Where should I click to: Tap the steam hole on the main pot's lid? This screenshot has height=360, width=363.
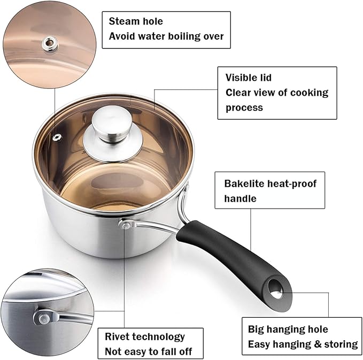tap(57, 139)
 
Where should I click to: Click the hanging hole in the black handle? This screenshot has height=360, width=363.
tap(275, 287)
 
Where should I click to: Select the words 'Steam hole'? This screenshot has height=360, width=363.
tap(136, 21)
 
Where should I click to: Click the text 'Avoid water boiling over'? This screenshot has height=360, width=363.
tap(166, 36)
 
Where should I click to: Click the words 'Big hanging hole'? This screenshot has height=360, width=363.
tap(288, 329)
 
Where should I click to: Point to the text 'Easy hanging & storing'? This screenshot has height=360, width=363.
tap(303, 344)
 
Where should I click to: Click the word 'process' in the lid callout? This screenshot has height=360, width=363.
tap(244, 108)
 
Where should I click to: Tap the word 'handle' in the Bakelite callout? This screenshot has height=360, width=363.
tap(240, 198)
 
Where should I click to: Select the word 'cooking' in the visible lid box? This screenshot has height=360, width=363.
tap(308, 93)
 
